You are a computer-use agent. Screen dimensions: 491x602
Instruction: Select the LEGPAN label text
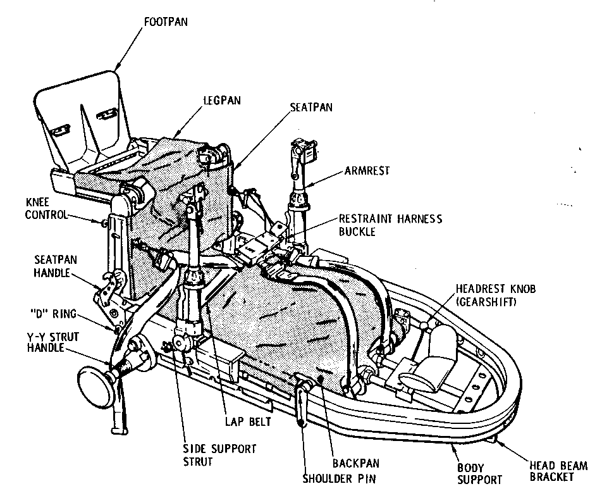[x=222, y=100]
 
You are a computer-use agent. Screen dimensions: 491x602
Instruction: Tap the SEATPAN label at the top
[x=311, y=108]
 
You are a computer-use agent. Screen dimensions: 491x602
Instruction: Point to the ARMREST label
[x=367, y=171]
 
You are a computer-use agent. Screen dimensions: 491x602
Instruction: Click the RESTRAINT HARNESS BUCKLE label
[x=390, y=225]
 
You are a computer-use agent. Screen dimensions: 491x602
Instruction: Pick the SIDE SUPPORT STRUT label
[x=211, y=455]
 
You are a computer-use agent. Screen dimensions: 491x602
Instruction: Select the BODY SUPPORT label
[x=479, y=473]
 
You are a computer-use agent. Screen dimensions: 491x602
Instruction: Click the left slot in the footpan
[x=61, y=130]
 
